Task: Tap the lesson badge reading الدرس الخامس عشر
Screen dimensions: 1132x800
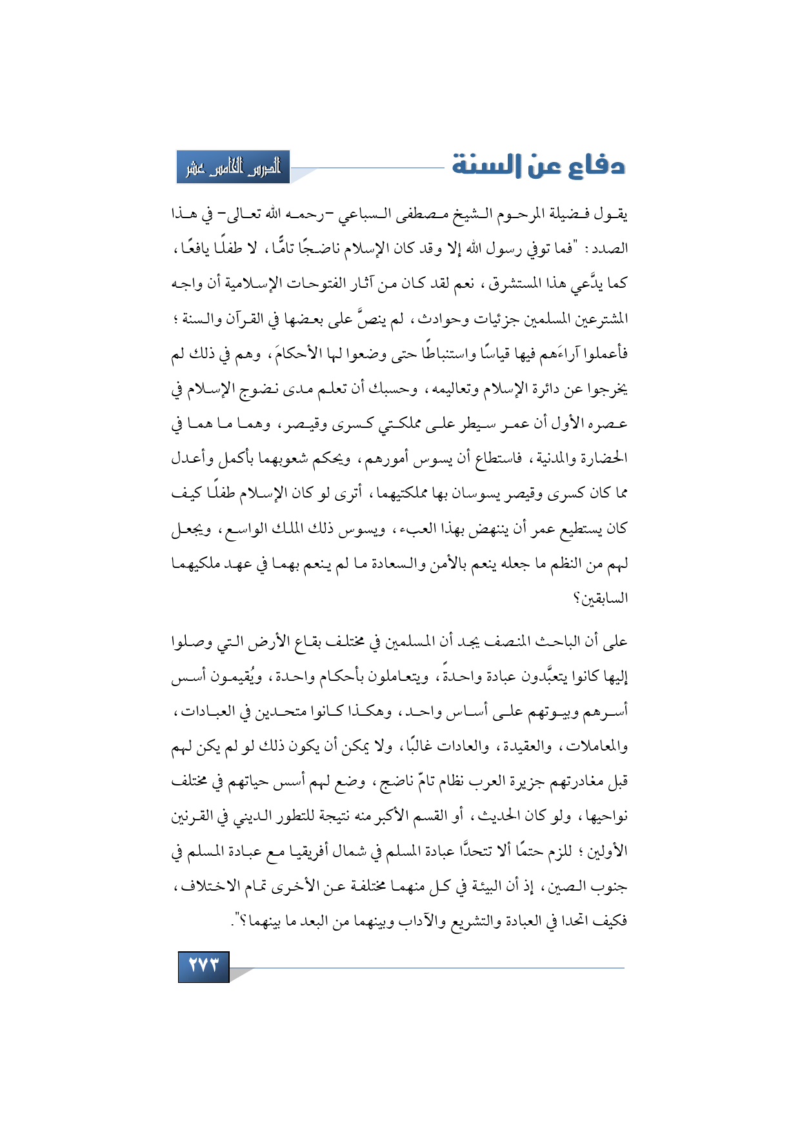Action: (234, 167)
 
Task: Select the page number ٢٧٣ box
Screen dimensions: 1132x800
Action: (204, 966)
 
